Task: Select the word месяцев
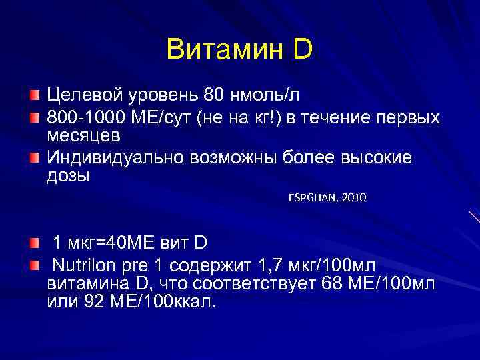[x=83, y=135]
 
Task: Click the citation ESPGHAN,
[x=312, y=198]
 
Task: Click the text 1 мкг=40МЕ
[x=100, y=241]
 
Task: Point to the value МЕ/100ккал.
[x=168, y=301]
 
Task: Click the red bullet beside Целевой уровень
[x=34, y=92]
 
